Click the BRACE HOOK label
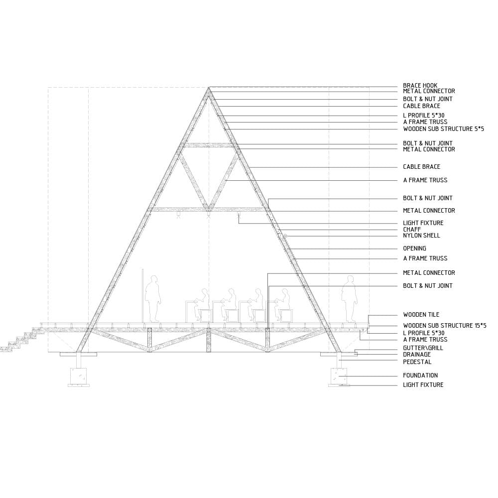tap(420, 86)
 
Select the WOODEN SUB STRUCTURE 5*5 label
tap(443, 129)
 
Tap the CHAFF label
tap(412, 229)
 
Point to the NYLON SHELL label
tap(421, 236)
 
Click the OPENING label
tap(414, 249)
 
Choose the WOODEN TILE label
tap(421, 315)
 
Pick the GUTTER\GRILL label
tap(423, 348)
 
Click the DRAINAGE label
tap(417, 355)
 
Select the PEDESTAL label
tap(417, 362)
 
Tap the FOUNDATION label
tap(420, 375)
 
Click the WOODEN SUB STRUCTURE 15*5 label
tap(445, 326)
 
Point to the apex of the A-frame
tap(209, 87)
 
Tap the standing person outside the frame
tap(349, 299)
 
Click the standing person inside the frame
tap(153, 299)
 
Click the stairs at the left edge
tap(20, 340)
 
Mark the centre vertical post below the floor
tap(209, 340)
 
